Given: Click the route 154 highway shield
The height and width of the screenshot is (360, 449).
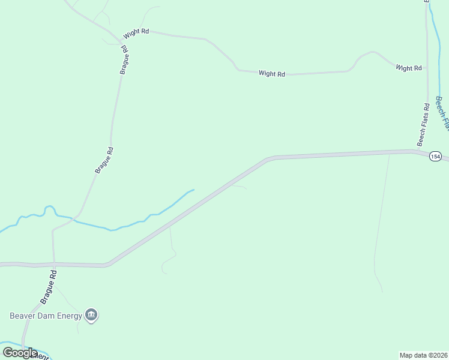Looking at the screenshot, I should coord(435,157).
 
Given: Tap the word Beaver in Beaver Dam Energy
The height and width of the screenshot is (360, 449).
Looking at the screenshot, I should coord(25,315).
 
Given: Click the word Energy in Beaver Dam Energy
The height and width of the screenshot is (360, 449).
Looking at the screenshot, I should coord(68,315).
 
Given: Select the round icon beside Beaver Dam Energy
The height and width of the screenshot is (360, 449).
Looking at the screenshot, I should coord(91,314).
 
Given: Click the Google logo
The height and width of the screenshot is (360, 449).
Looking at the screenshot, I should coord(20,352).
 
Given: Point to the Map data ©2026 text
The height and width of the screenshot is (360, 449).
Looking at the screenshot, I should coord(423,355).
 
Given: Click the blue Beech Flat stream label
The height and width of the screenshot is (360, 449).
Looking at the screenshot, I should coord(442,112).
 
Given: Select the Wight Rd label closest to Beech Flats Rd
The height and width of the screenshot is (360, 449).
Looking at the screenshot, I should coord(409,68).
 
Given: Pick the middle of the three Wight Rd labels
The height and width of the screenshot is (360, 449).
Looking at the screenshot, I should coord(272,74).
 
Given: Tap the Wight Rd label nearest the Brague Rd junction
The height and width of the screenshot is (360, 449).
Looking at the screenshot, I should coord(136,31).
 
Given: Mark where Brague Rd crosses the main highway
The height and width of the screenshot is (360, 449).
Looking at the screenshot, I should coord(53,263).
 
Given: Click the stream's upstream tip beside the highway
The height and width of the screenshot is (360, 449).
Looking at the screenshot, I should coord(193,190).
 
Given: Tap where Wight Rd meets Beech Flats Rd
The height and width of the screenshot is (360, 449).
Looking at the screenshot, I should coord(427,68).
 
